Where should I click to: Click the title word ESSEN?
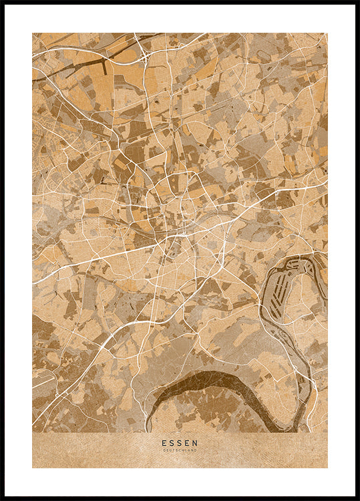pos(180,442)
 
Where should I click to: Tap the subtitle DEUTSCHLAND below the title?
pos(180,450)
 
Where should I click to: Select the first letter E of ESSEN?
pos(164,442)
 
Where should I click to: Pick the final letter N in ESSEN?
pos(196,442)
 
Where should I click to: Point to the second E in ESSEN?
pos(188,442)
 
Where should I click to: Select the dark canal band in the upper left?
pos(73,67)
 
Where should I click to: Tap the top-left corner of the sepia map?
pos(33,33)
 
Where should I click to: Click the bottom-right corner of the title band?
pos(327,467)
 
